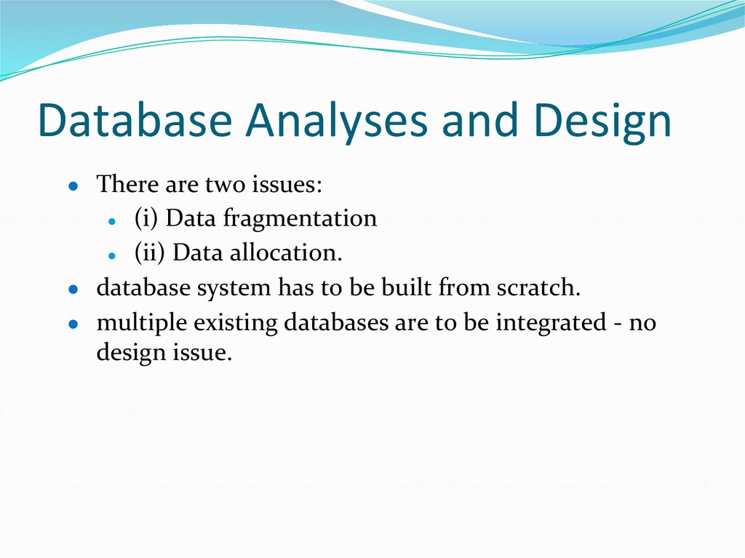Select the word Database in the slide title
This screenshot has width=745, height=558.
coord(135,121)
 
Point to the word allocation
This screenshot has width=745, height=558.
coord(286,253)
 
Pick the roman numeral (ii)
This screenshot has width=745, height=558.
coord(150,253)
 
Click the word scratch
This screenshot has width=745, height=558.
coord(538,287)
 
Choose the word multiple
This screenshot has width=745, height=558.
coord(137,322)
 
